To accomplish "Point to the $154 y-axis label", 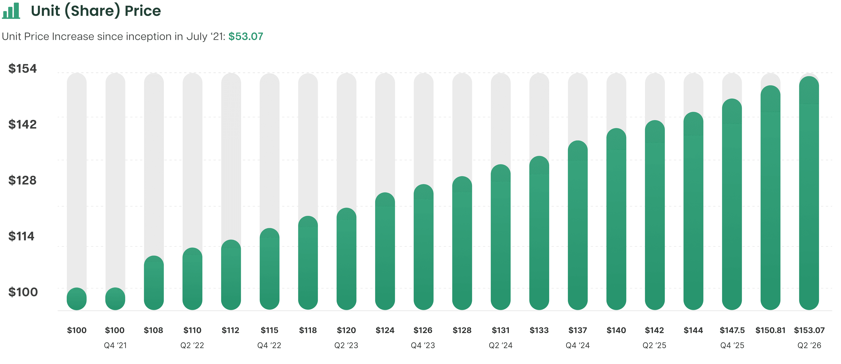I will [22, 68].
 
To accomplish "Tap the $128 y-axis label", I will [22, 180].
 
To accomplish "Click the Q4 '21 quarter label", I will [115, 345].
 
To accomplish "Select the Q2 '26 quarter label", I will [809, 345].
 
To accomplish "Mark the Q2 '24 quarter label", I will [500, 345].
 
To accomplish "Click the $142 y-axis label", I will [22, 124].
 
